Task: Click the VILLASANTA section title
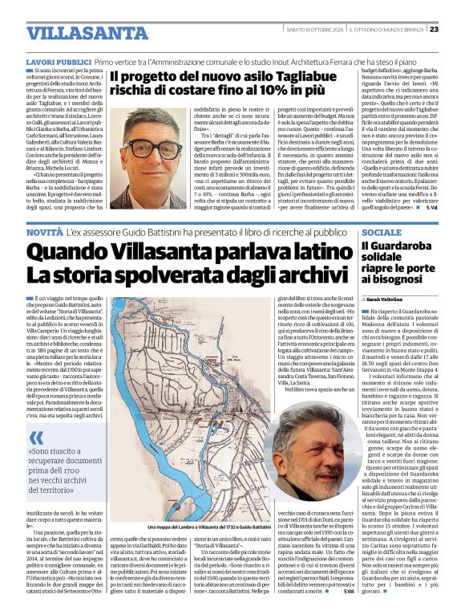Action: [x=75, y=33]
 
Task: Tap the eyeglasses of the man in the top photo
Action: [x=152, y=149]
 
